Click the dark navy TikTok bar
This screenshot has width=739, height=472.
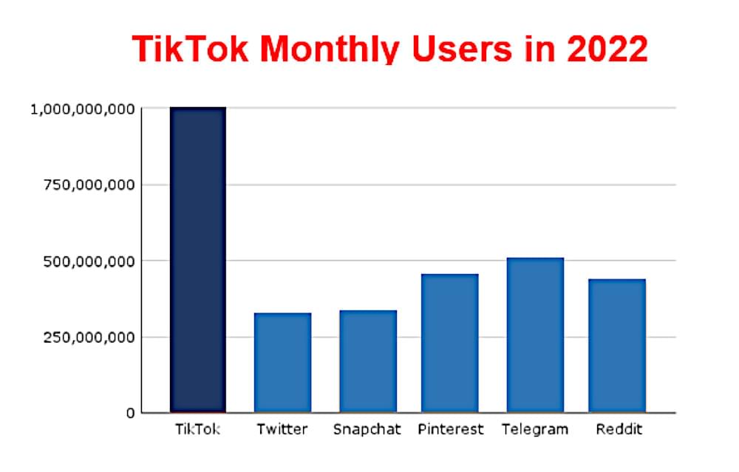(x=197, y=259)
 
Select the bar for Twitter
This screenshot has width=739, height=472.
(x=282, y=363)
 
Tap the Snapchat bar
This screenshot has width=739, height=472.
(x=367, y=361)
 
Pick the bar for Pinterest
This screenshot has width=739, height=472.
(x=450, y=343)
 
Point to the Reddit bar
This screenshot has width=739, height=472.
(x=617, y=346)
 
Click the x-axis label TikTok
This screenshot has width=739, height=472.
(x=197, y=429)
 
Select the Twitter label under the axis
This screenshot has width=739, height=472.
(x=282, y=429)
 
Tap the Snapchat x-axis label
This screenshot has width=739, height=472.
(x=367, y=429)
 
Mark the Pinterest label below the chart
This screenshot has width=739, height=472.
(x=450, y=429)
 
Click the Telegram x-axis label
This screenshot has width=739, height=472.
(x=535, y=429)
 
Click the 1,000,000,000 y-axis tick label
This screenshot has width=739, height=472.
(x=82, y=109)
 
